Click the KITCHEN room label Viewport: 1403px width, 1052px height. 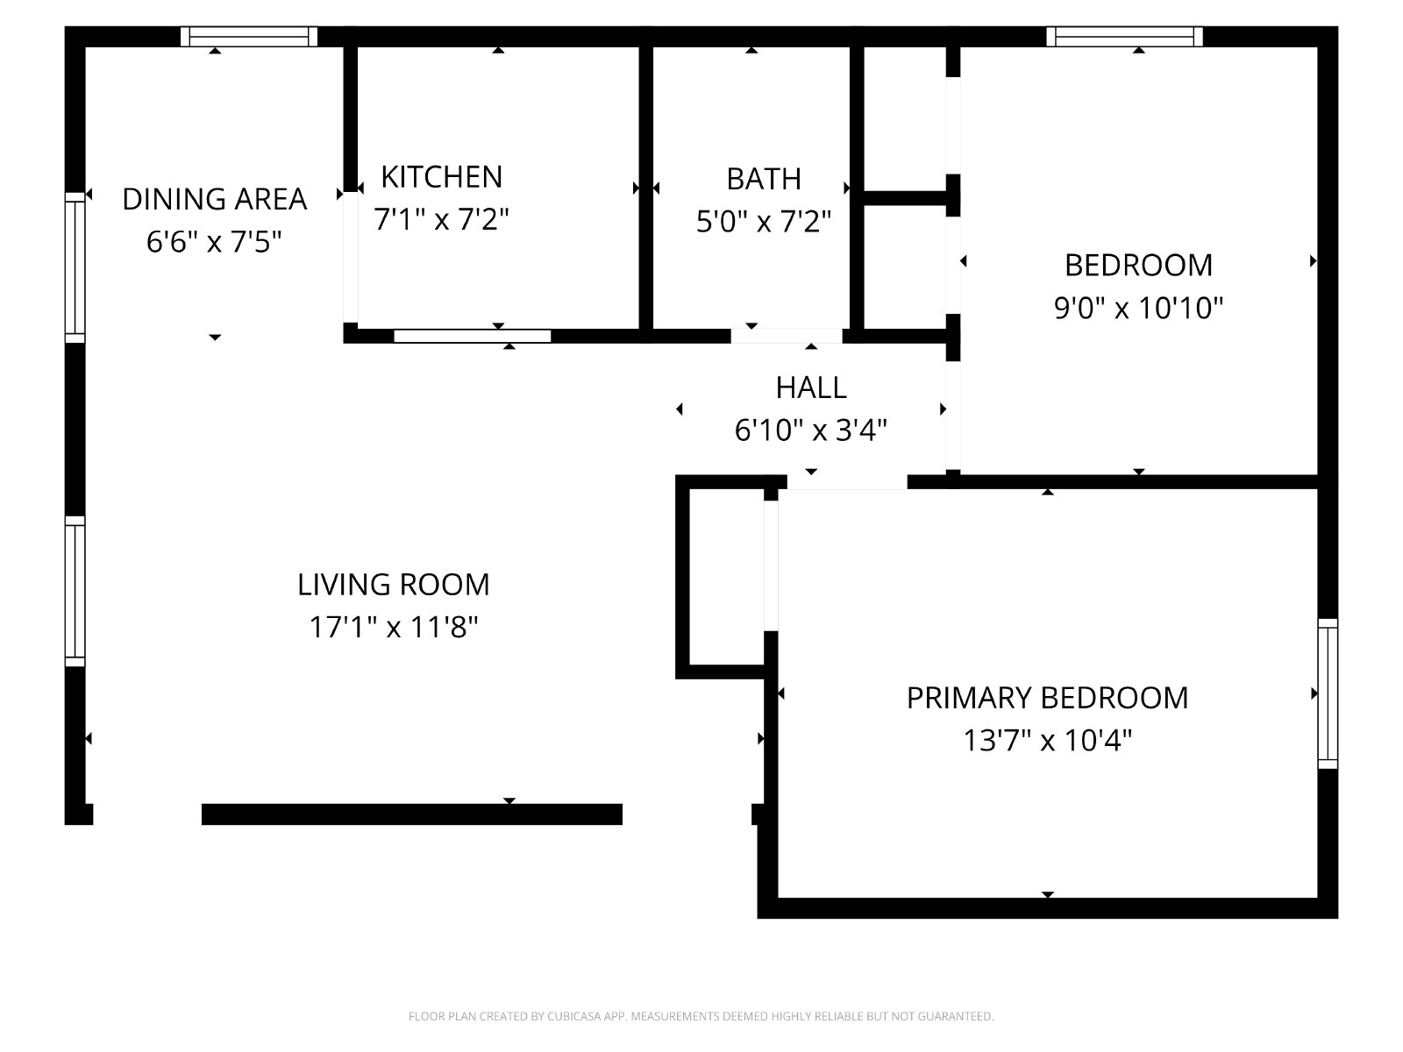point(442,177)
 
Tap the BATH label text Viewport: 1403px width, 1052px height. point(764,179)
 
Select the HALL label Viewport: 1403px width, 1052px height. point(811,387)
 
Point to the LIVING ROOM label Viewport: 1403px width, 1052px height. point(393,585)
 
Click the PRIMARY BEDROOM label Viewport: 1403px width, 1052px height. point(1047,698)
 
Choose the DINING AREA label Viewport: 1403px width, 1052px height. point(215,199)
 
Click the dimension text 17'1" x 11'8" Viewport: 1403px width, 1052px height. point(393,627)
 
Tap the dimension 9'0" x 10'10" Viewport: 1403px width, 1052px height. point(1138,308)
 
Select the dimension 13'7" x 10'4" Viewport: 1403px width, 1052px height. point(1047,741)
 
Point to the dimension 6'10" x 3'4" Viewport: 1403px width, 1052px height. point(811,430)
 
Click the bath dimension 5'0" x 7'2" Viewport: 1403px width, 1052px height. point(764,222)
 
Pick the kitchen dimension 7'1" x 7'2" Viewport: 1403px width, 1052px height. point(442,220)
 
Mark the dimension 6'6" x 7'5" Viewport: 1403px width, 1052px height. point(214,242)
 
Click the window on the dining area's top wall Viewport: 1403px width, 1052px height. point(249,37)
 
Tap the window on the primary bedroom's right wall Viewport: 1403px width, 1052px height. point(1328,693)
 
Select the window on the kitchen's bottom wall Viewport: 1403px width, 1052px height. point(473,336)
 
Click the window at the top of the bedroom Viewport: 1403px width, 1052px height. point(1124,37)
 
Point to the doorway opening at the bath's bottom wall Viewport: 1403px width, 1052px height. point(787,336)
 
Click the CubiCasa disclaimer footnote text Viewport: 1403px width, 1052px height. point(701,1016)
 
